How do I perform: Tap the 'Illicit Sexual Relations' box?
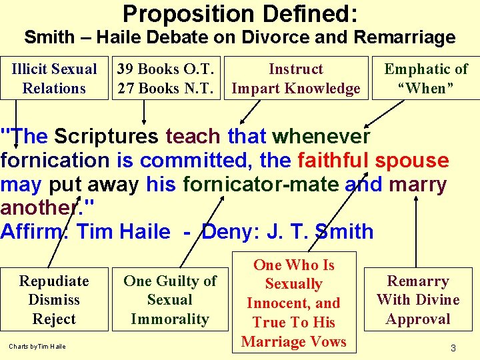click(x=54, y=79)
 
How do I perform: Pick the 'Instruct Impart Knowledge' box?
click(x=295, y=79)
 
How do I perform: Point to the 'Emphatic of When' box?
click(x=426, y=79)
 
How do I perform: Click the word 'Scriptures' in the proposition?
click(x=106, y=137)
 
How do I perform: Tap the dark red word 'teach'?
click(x=193, y=137)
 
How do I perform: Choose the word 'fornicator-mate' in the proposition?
click(x=262, y=185)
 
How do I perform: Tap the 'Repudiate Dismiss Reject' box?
click(x=54, y=300)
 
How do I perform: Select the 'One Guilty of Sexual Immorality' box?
click(x=170, y=300)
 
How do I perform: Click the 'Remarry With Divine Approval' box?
click(x=418, y=300)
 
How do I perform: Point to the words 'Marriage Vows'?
click(x=293, y=341)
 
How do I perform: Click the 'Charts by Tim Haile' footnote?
click(x=37, y=346)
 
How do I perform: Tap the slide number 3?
click(x=453, y=347)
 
